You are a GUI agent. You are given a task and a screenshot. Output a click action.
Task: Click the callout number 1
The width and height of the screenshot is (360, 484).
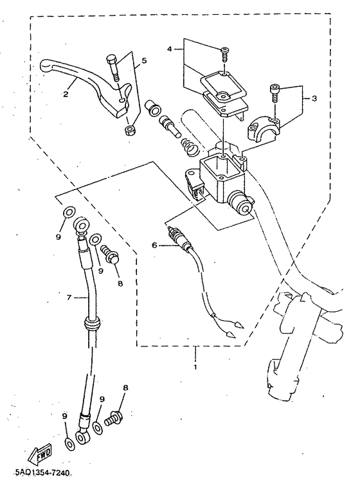195,367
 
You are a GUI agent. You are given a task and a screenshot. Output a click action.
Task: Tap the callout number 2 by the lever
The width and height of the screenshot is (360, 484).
66,94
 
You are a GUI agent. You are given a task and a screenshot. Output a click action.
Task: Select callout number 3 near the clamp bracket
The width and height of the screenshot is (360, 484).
314,99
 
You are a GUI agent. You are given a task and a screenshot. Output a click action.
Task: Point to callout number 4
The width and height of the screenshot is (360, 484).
170,49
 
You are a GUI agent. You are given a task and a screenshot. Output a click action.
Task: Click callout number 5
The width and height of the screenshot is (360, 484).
144,60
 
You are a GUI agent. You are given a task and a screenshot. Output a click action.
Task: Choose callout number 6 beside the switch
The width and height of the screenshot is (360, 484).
154,245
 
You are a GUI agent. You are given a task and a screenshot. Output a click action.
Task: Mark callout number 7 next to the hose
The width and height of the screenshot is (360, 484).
69,298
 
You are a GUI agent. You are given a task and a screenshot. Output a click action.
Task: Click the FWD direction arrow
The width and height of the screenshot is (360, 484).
40,453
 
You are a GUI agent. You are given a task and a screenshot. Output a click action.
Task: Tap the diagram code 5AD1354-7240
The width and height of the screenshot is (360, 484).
42,473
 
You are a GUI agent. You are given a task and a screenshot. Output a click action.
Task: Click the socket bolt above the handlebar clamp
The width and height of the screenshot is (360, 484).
274,93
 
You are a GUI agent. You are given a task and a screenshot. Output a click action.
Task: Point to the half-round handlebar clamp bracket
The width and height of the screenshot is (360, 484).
264,130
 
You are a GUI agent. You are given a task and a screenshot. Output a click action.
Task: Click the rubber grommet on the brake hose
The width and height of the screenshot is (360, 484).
93,323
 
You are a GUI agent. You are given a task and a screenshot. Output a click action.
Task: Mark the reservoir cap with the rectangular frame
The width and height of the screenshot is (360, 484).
223,84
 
